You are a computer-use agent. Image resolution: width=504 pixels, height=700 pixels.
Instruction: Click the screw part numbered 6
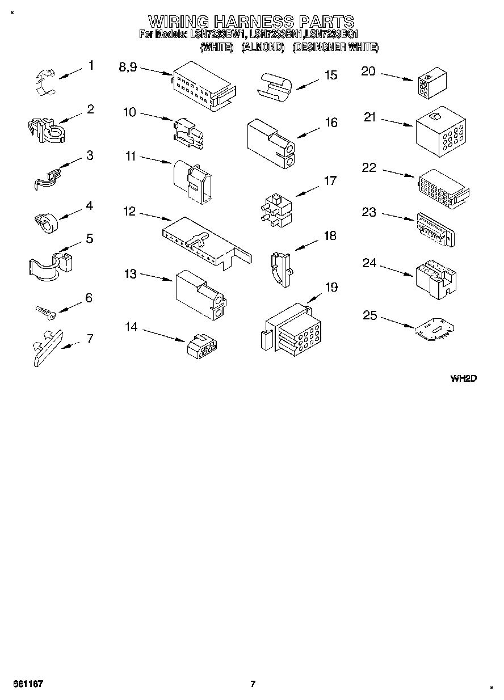coord(44,311)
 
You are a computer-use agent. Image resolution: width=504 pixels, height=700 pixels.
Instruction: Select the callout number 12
coord(129,212)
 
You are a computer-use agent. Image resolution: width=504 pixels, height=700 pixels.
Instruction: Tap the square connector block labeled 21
coord(440,132)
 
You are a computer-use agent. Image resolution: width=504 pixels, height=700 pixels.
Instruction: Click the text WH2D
coord(463,379)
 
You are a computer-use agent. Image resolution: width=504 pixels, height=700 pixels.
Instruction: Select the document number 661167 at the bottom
coord(29,683)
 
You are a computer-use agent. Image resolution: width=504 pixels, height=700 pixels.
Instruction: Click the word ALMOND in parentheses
coord(262,48)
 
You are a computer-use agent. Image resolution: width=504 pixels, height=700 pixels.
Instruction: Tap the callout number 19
coord(331,287)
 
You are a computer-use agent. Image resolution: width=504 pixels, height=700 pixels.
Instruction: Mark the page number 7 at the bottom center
coord(253,683)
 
